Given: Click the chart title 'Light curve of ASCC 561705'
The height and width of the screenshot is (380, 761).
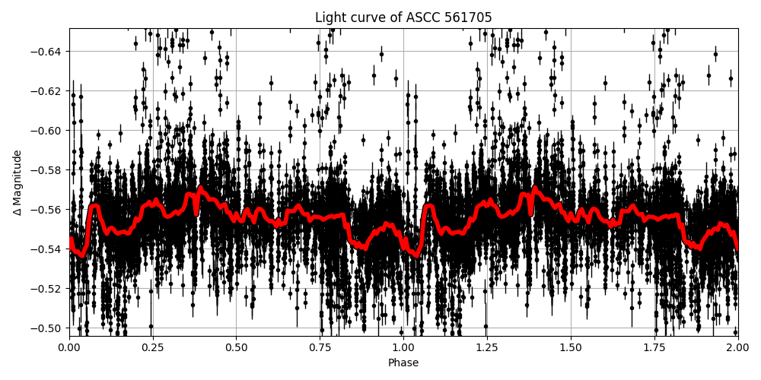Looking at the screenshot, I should pyautogui.click(x=403, y=17).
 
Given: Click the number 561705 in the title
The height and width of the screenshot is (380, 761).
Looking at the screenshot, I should pyautogui.click(x=468, y=17).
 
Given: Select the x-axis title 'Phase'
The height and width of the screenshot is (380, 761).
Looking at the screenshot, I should pyautogui.click(x=403, y=363).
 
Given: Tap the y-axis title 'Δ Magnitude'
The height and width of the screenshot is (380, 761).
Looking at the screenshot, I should pyautogui.click(x=18, y=182).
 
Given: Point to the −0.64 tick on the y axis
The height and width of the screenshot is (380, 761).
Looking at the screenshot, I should pyautogui.click(x=49, y=52).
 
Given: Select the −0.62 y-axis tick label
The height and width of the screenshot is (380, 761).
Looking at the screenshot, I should pyautogui.click(x=49, y=91).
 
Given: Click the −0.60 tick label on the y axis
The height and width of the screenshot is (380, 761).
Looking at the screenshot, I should pyautogui.click(x=49, y=131).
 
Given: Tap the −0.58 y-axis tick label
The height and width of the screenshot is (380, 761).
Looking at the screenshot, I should pyautogui.click(x=49, y=170).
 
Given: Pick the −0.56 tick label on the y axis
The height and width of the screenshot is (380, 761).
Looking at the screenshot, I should pyautogui.click(x=49, y=210).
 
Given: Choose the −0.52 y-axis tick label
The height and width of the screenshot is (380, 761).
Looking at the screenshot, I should pyautogui.click(x=49, y=289).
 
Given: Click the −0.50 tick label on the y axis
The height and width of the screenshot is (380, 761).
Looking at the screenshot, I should pyautogui.click(x=49, y=328).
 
